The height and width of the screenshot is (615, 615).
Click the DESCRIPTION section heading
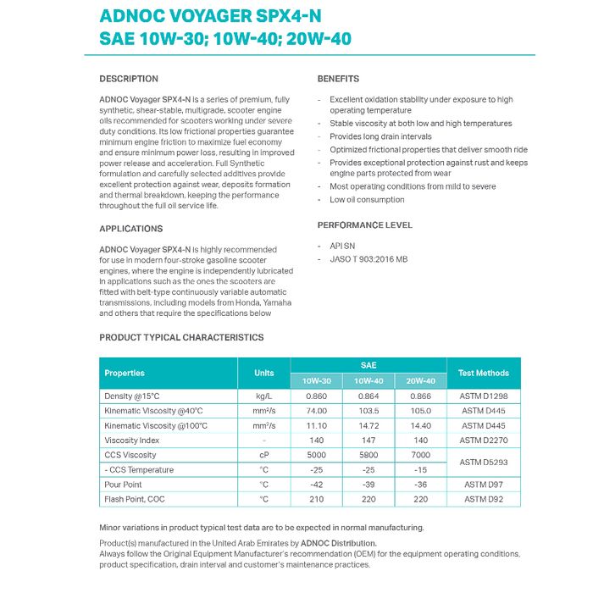click(x=129, y=79)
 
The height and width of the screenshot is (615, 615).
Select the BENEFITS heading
click(x=338, y=79)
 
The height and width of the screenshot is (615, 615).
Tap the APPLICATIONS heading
click(x=130, y=229)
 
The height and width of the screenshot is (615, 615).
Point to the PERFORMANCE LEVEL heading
click(x=364, y=225)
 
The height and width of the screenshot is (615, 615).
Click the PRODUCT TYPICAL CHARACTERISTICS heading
click(x=181, y=337)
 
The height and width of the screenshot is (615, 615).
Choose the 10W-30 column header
click(x=316, y=381)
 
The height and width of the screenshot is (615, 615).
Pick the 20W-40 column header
click(x=420, y=381)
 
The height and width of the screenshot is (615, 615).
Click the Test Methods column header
click(x=484, y=373)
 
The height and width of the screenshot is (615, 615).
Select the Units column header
click(x=263, y=373)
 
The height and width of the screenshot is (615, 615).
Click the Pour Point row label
click(x=123, y=485)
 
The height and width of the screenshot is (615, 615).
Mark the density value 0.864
click(x=368, y=396)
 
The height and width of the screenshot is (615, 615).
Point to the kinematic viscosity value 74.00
click(x=316, y=411)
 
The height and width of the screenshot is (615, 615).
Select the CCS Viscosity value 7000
click(x=420, y=455)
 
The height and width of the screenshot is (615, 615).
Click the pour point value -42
click(x=316, y=485)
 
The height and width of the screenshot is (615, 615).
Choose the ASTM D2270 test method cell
click(x=484, y=440)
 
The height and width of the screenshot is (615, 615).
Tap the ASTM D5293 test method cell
click(x=484, y=463)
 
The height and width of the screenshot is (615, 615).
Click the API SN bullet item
click(x=342, y=246)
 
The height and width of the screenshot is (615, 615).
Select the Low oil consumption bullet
click(x=367, y=200)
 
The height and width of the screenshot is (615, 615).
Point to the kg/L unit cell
click(x=263, y=396)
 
